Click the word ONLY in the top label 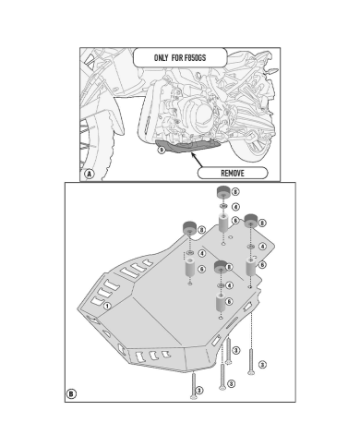[161, 57]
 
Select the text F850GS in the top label [195, 57]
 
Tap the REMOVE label [233, 173]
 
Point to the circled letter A [90, 174]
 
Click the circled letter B [71, 393]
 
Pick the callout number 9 [162, 151]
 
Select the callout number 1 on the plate [107, 306]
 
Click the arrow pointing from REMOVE [197, 159]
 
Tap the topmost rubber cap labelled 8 [223, 193]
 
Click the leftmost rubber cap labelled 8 [190, 228]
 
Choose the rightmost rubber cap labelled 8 [251, 221]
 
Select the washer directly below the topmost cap [223, 206]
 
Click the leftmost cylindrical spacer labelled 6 [190, 267]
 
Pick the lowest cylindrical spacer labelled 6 [221, 302]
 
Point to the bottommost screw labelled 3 [194, 385]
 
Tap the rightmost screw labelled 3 [251, 361]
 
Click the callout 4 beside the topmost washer [235, 207]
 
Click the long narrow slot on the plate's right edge [233, 323]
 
